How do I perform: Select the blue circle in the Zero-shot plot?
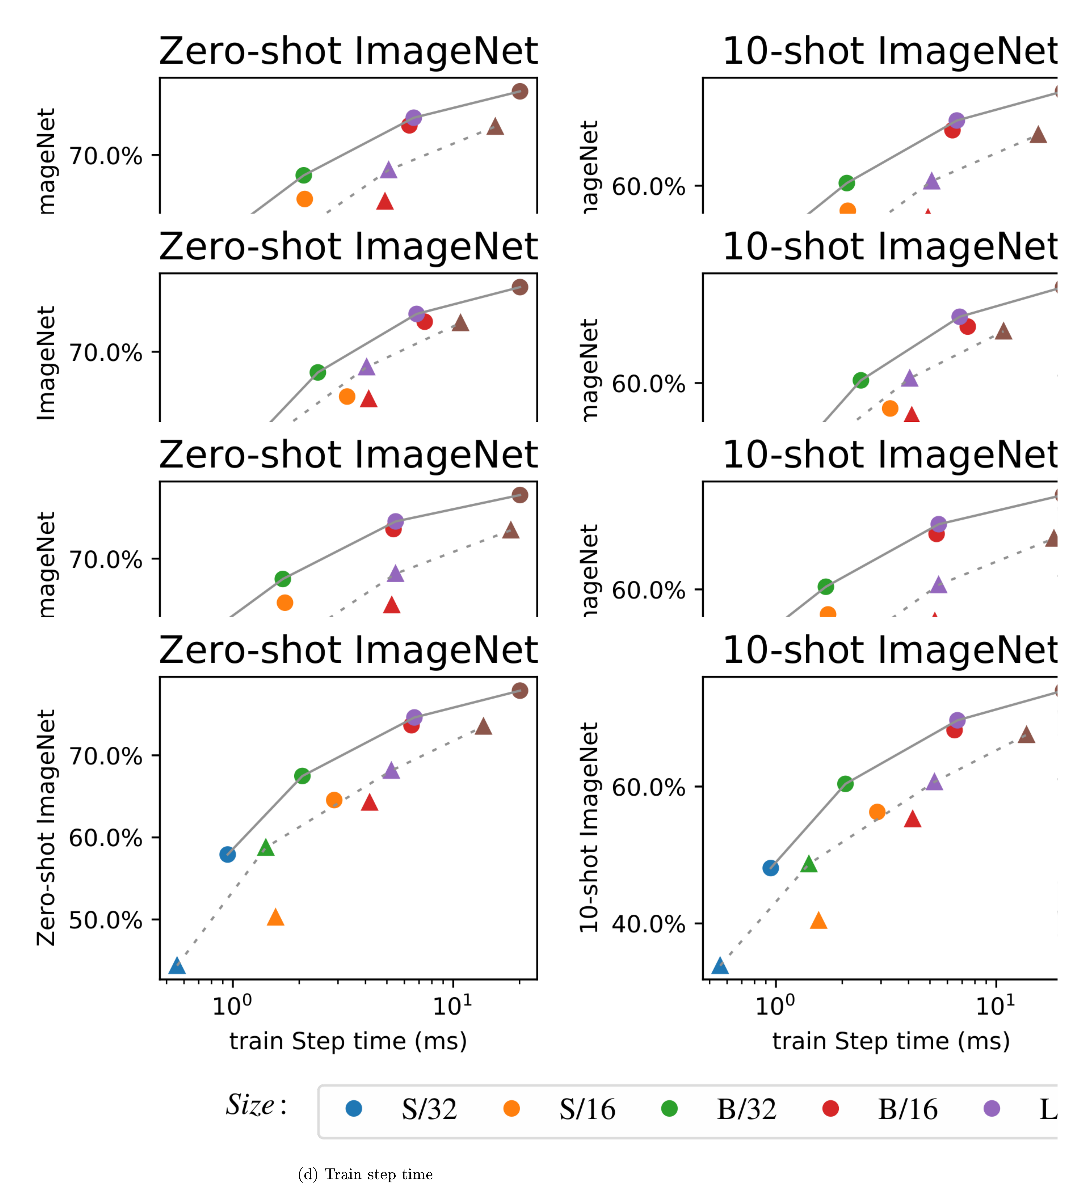pyautogui.click(x=227, y=854)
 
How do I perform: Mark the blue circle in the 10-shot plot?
pyautogui.click(x=770, y=868)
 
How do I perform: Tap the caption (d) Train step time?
pyautogui.click(x=365, y=1174)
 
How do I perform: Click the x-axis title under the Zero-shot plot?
pyautogui.click(x=348, y=1041)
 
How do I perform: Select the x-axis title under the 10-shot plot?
pyautogui.click(x=891, y=1041)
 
